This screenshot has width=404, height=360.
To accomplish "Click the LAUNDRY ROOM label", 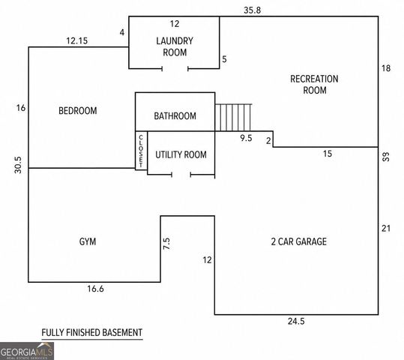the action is pos(175,46).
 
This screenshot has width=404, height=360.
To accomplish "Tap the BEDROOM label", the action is pos(78,111).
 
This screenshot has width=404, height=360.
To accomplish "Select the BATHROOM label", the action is pos(175,116).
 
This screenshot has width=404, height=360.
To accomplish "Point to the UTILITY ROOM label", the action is pos(181,154).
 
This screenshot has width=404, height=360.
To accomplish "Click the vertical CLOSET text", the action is pos(141,151).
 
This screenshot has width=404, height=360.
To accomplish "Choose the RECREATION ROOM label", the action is pos(314,85).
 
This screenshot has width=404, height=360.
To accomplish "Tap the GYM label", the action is pos(88,241).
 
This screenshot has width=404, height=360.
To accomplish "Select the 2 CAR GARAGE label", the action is pos(299,241).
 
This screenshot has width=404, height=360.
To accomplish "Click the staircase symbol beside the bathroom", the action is pos(233,117).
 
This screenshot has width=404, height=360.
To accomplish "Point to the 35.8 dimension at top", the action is pos(253,10).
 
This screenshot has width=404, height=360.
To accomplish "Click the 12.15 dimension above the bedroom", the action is pos(76,40).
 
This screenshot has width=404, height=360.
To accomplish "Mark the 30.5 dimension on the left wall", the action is pos(18,165).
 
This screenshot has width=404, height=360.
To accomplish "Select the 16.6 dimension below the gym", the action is pos(95,289).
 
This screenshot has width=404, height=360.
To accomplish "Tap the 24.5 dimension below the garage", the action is pos(296,321).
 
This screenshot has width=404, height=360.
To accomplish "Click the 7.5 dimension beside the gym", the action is pos(166,244).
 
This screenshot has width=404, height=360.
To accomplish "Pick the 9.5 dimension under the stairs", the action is pos(246,138).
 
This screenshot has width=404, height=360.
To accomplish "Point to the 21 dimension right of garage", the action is pos(386,229).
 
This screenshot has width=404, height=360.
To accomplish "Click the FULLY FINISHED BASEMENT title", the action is pos(92,333).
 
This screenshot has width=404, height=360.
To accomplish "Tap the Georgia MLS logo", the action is pos(27,351).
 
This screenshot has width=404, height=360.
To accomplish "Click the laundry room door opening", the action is pos(175,68).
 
